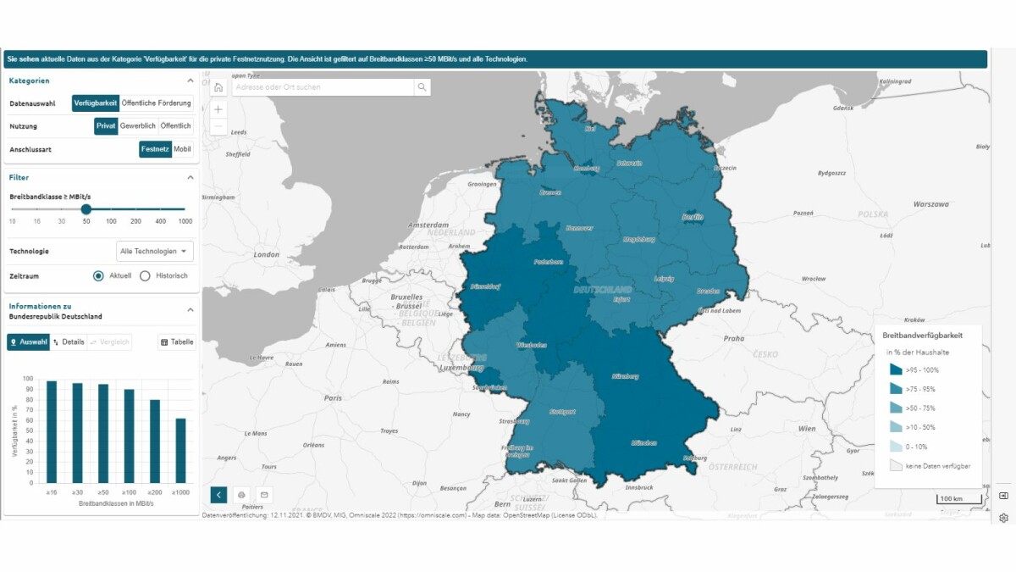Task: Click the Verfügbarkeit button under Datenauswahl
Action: tap(95, 103)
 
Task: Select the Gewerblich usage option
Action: tap(137, 125)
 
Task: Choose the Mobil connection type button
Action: tap(182, 149)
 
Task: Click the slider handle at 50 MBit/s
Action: tap(86, 208)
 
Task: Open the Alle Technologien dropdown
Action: tap(155, 251)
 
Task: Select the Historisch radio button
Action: tap(145, 275)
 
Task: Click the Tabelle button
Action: tap(177, 342)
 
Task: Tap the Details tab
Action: tap(69, 342)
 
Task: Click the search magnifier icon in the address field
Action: tap(421, 87)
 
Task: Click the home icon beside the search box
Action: tap(218, 87)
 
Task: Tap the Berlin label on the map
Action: tap(693, 217)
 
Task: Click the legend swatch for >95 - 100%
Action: tap(896, 369)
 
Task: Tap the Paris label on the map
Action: tap(331, 397)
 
